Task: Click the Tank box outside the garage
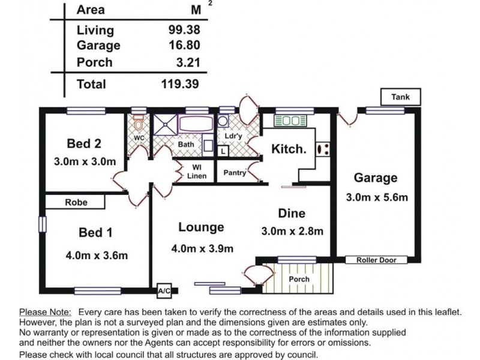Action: pos(400,97)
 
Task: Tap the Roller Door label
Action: pos(376,260)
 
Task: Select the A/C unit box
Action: pos(164,291)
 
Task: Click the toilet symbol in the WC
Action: pos(139,122)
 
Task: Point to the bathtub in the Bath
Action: pos(196,124)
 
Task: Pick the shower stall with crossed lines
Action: pos(166,125)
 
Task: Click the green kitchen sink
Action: pos(290,121)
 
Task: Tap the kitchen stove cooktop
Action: pos(323,149)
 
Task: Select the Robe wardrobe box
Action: pos(75,202)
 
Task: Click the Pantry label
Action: pos(235,173)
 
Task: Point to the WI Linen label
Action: pos(197,172)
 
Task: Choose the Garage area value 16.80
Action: pos(184,45)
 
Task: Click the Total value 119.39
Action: pos(180,84)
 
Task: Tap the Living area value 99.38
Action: pos(184,29)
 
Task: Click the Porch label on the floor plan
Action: pos(299,279)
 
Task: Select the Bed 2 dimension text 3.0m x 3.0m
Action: pos(85,161)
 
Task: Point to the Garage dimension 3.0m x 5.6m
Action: pos(377,197)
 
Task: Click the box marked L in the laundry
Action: pos(223,151)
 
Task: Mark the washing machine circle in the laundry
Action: pos(223,121)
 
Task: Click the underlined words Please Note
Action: pos(46,312)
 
